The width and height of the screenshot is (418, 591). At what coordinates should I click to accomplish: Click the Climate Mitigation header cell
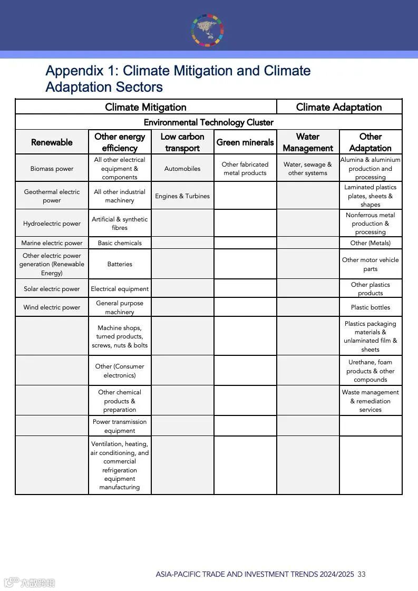pos(145,107)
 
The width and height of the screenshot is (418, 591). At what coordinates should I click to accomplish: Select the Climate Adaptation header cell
pos(339,107)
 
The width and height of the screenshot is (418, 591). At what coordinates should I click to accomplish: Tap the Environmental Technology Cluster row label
pos(208,122)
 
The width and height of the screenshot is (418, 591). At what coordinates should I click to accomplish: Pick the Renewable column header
pos(52,142)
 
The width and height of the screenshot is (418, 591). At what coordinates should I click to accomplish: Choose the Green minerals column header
pos(245,142)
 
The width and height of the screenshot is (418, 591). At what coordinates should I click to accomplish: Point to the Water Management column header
pos(308,142)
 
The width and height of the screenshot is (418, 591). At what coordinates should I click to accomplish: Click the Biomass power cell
pos(52,169)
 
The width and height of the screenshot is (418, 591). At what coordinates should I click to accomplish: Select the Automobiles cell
pos(182,169)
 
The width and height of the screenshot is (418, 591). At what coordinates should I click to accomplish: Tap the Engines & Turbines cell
pos(182,196)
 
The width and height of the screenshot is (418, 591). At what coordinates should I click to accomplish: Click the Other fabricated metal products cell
pos(245,169)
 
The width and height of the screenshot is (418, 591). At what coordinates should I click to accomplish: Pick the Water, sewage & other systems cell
pos(308,169)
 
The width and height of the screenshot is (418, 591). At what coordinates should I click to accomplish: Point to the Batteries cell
pos(120,264)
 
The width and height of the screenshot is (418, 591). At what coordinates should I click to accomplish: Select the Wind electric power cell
pos(52,307)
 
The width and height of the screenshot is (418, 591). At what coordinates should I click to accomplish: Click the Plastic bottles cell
pos(371,307)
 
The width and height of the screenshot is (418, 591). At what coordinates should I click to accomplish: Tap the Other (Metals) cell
pos(371,243)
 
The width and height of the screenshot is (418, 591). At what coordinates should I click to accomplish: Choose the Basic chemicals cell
pos(120,243)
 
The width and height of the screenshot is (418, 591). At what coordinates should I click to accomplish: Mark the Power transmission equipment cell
pos(120,426)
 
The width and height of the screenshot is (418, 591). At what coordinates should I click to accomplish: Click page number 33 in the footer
pos(361,574)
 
